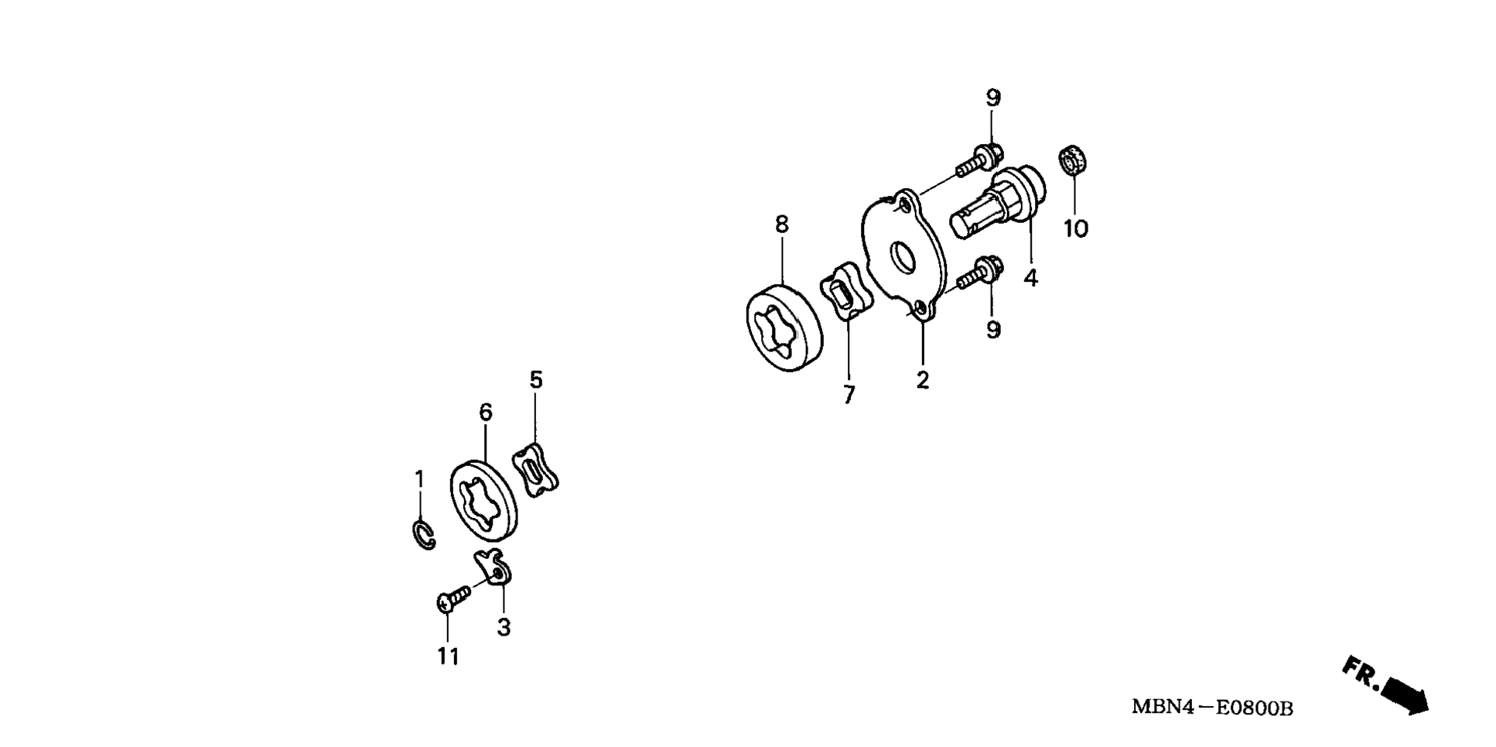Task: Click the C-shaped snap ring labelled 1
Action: point(422,535)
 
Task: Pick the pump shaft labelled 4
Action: point(998,202)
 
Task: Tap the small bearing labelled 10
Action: point(1073,161)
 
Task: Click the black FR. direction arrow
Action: point(1403,693)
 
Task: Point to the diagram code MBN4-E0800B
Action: point(1211,708)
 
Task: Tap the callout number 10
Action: point(1075,229)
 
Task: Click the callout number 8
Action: point(781,224)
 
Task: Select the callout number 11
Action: point(448,656)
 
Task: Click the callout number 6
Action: point(485,413)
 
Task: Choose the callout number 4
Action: point(1030,278)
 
